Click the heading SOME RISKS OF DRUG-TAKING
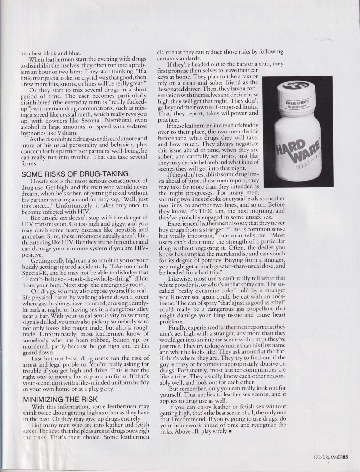coord(75,174)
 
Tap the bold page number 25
coord(345,457)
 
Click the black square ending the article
coord(230,431)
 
